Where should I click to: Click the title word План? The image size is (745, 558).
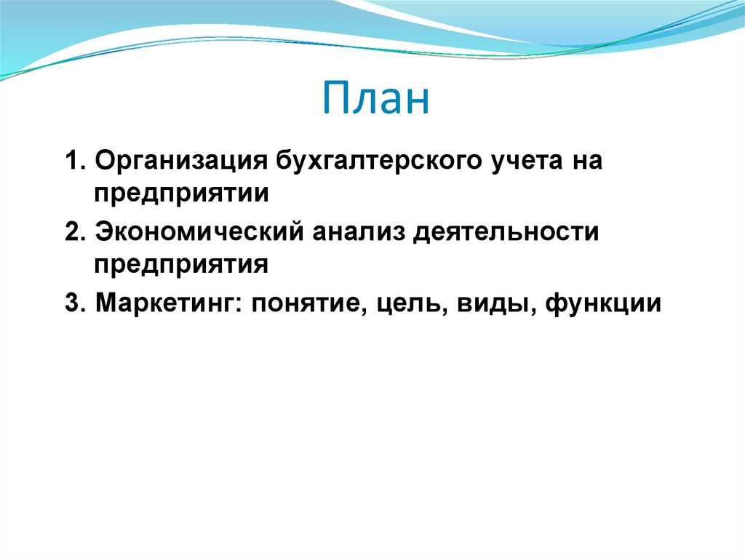coord(376,100)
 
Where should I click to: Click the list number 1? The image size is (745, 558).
coord(71,162)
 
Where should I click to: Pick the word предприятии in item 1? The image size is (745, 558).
coord(181,194)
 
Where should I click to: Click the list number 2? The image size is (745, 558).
coord(71,233)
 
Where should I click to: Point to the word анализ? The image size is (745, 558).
coord(362,233)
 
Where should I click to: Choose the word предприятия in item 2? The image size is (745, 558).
coord(181,265)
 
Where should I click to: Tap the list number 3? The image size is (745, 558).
coord(71,303)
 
